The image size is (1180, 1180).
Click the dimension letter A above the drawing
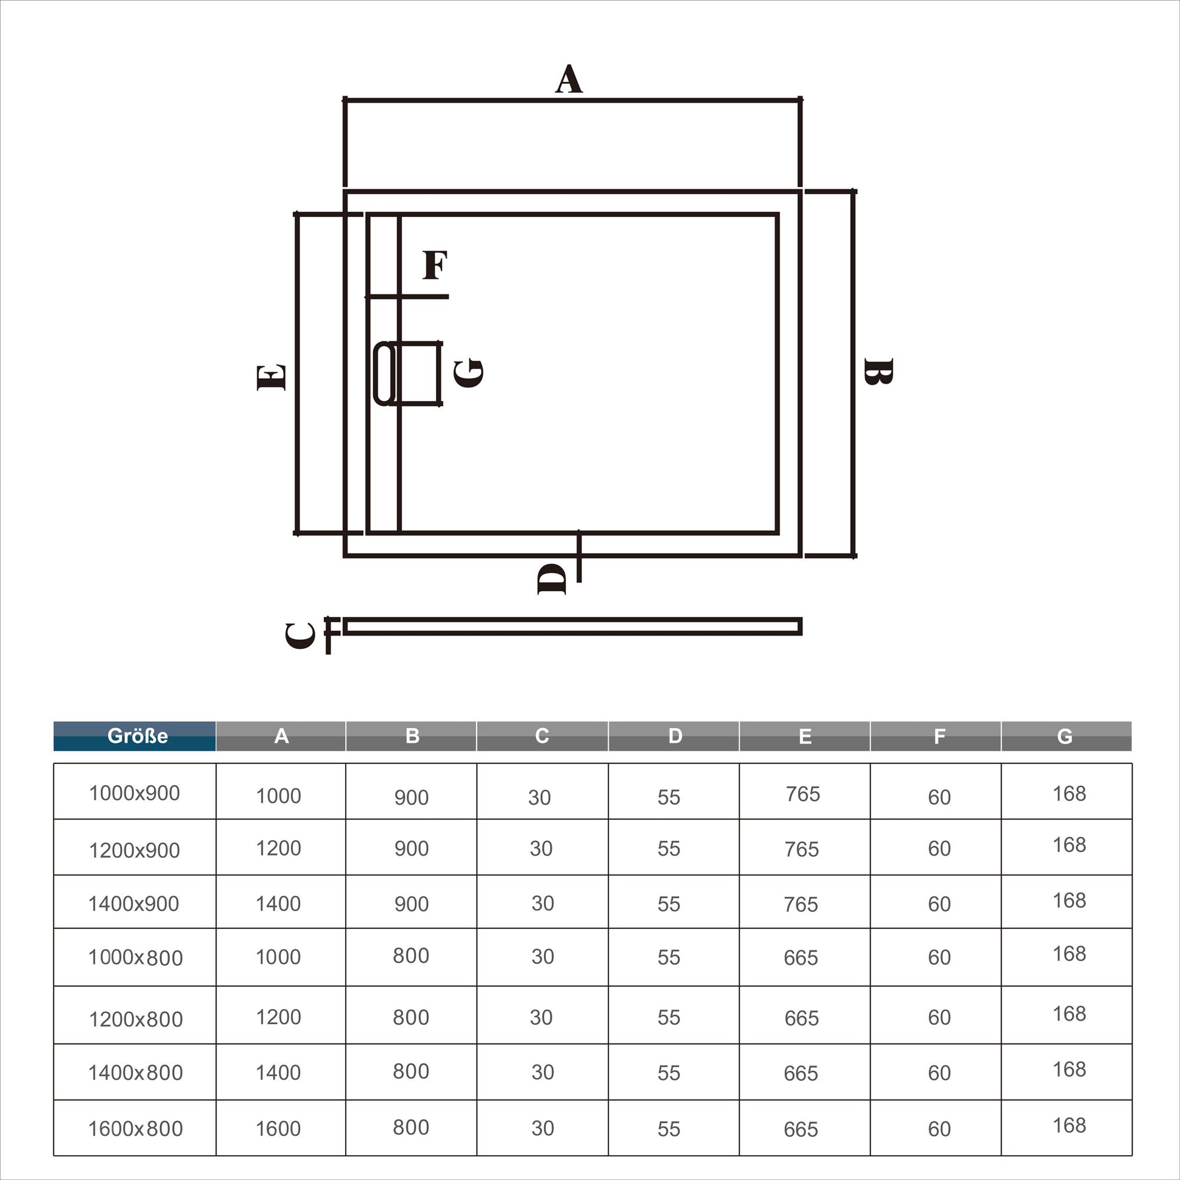(569, 79)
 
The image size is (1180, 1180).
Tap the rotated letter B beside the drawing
(879, 371)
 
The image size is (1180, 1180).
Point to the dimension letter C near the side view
(301, 635)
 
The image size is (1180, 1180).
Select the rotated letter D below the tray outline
(552, 579)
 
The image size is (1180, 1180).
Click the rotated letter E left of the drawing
(271, 377)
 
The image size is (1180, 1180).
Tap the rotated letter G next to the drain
(469, 373)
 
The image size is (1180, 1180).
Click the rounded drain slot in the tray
(384, 373)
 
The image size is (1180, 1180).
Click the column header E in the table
(805, 736)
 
